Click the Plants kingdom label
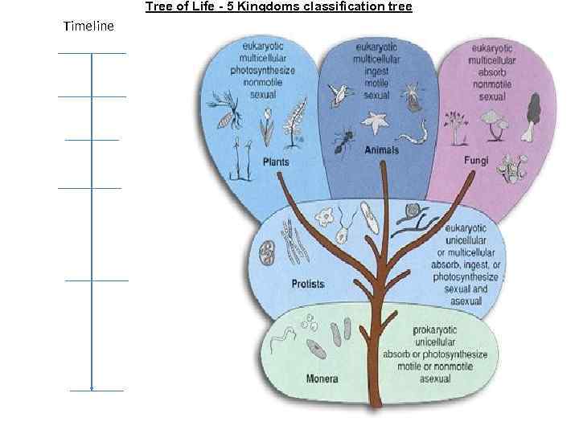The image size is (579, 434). pyautogui.click(x=276, y=162)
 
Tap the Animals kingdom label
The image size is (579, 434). pyautogui.click(x=382, y=150)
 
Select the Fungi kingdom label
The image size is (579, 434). pyautogui.click(x=477, y=160)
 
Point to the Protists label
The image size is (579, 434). pyautogui.click(x=307, y=284)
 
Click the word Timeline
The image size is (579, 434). pyautogui.click(x=88, y=27)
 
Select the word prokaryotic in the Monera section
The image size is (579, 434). pyautogui.click(x=440, y=330)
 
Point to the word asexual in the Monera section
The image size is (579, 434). pyautogui.click(x=435, y=379)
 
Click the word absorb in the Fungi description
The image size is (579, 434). pyautogui.click(x=497, y=72)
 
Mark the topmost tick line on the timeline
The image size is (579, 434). pyautogui.click(x=92, y=53)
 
